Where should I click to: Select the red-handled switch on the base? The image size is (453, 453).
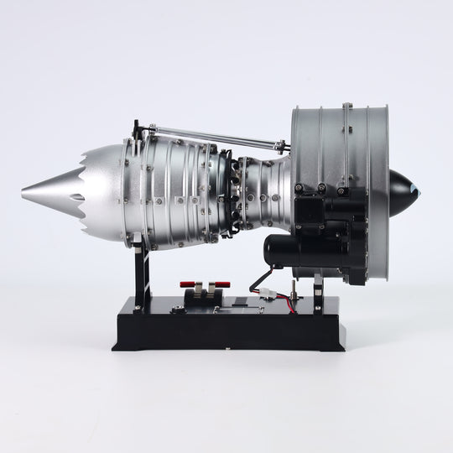(203, 286)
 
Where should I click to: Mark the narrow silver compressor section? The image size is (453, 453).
(264, 193)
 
